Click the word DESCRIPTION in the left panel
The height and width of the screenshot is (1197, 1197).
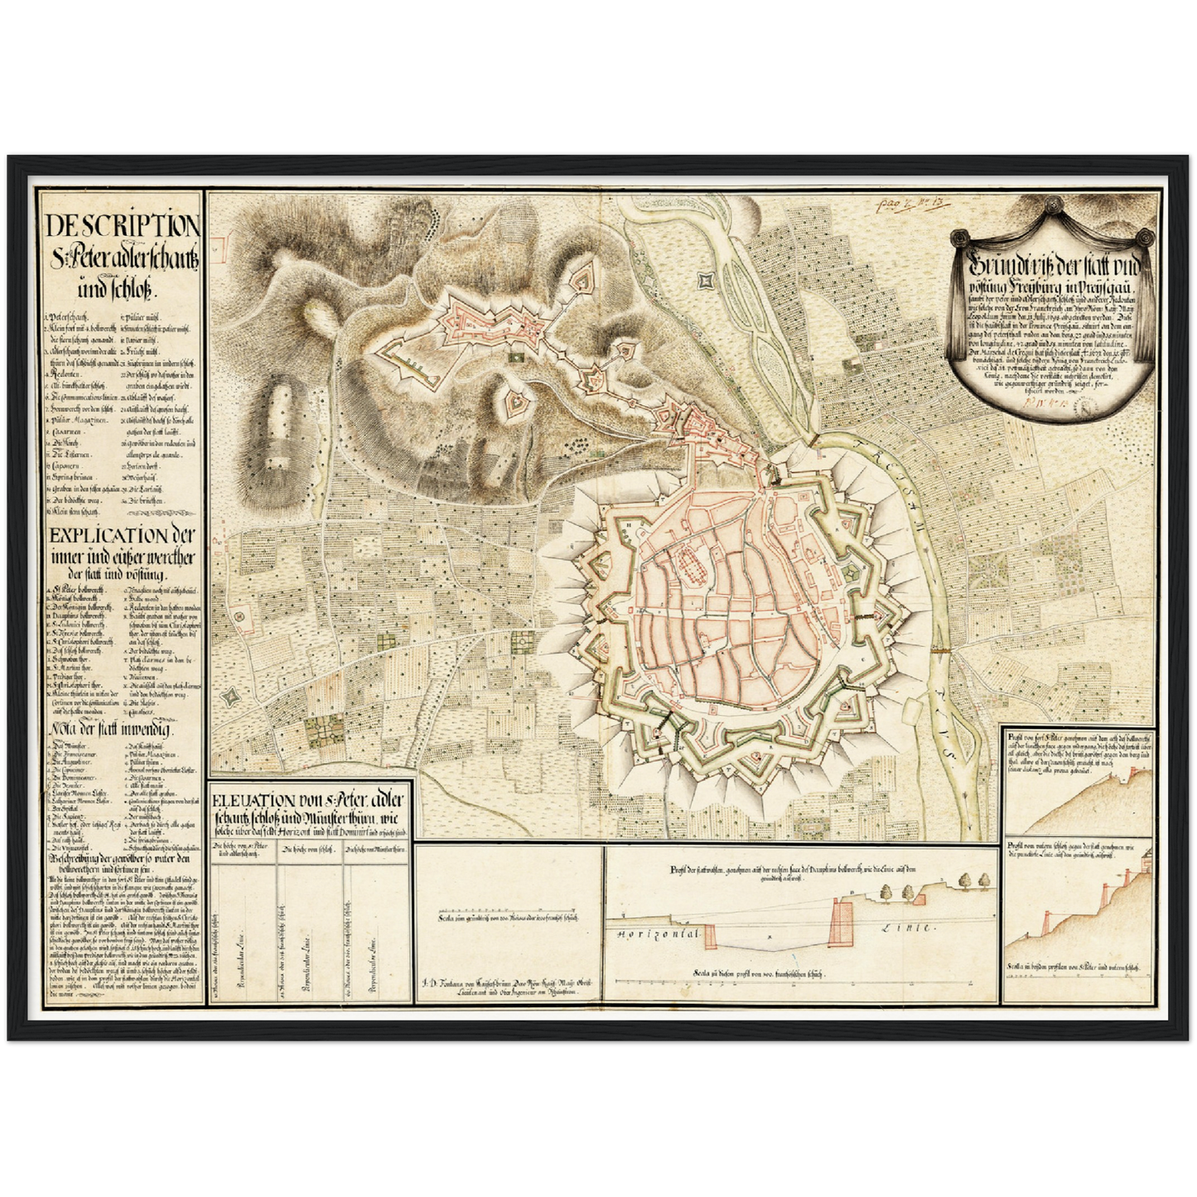click(122, 225)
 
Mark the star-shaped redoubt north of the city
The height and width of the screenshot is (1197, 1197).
click(707, 281)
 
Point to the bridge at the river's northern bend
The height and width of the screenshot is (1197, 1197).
click(808, 439)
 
